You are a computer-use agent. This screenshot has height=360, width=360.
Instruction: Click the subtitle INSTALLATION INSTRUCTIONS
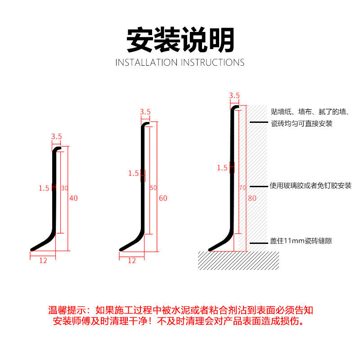coord(180,63)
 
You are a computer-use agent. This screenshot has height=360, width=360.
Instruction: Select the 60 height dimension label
coord(163,198)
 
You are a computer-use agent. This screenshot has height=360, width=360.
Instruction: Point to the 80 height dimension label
coord(252,198)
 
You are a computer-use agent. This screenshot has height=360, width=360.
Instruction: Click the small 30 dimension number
coord(64,188)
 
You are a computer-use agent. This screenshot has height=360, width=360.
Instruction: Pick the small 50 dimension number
coord(153,188)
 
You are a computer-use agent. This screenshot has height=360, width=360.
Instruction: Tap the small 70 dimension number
coord(242,188)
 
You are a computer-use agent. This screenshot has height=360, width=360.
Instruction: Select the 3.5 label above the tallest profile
coord(234,95)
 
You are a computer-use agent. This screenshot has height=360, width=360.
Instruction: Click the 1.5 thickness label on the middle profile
coord(133,173)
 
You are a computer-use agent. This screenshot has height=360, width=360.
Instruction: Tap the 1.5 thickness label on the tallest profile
coord(222,168)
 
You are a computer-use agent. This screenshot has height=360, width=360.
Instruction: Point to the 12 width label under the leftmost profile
coord(43,260)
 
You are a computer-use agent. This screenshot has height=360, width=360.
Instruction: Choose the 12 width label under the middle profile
coord(132,260)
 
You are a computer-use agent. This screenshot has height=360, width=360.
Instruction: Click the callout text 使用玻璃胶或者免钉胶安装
coord(310,186)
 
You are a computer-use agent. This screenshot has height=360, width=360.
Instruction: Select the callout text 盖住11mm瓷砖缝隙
coord(301,242)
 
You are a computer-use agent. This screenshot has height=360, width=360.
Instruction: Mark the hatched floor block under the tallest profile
coord(239,261)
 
